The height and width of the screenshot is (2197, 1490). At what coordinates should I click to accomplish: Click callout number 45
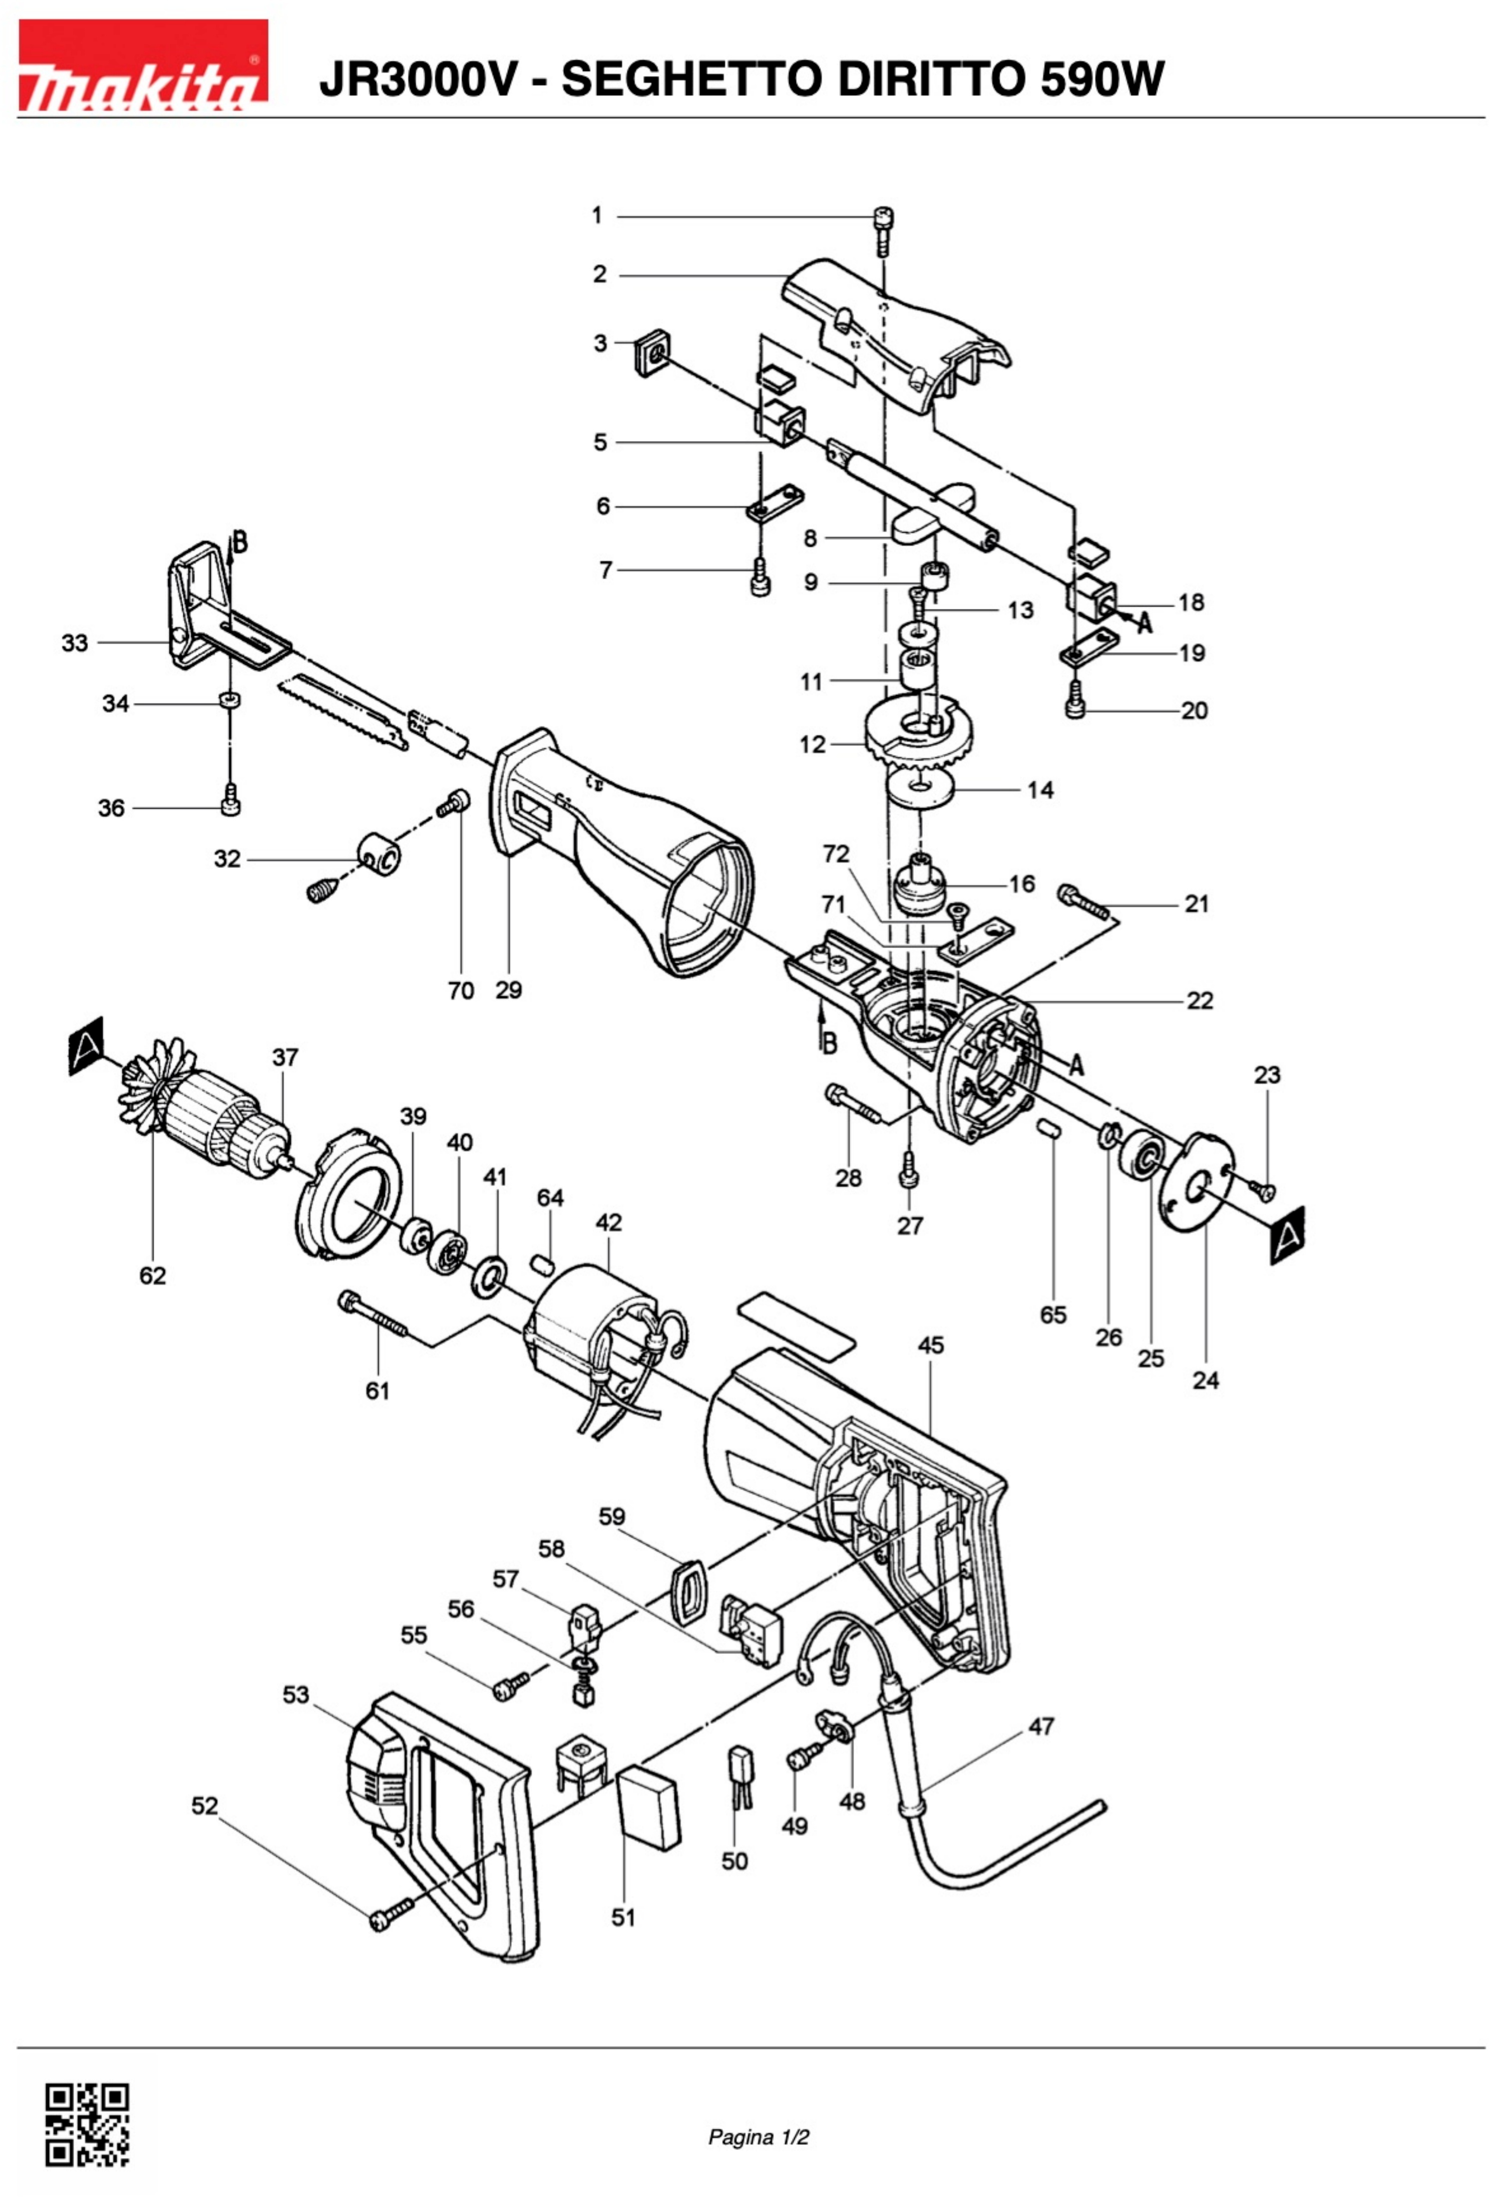tap(930, 1345)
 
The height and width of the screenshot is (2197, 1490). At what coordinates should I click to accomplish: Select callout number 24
tap(1206, 1380)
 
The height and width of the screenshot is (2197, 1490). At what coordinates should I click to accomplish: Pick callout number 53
tap(296, 1694)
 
